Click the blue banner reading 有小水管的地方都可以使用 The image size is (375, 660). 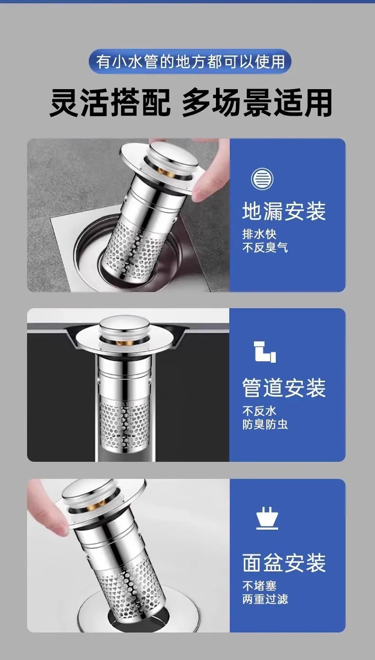[x=190, y=62]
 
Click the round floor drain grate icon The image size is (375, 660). [x=262, y=179]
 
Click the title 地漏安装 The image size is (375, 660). [x=284, y=211]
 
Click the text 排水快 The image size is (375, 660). [x=259, y=234]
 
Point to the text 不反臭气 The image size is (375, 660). [x=265, y=248]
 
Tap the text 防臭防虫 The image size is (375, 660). [x=265, y=424]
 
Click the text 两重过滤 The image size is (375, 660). [x=265, y=599]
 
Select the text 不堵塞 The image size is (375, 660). [x=259, y=586]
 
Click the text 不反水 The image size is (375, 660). [x=259, y=411]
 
